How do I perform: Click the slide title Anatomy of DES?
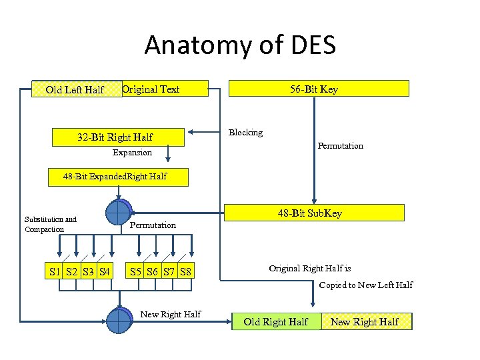pos(240,45)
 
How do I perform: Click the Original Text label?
pos(151,89)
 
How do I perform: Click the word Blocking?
pos(245,132)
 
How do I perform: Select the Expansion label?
pos(132,153)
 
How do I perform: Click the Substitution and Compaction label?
pos(51,224)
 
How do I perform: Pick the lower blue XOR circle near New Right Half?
pos(118,320)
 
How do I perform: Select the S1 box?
pos(55,271)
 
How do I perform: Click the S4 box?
pos(104,271)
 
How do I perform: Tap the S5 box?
pos(136,271)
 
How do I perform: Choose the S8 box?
pos(185,271)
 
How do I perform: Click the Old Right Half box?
pos(276,322)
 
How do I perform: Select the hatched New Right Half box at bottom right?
pos(365,322)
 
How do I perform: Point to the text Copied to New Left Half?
pos(365,285)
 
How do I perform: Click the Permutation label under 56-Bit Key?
pos(340,145)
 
